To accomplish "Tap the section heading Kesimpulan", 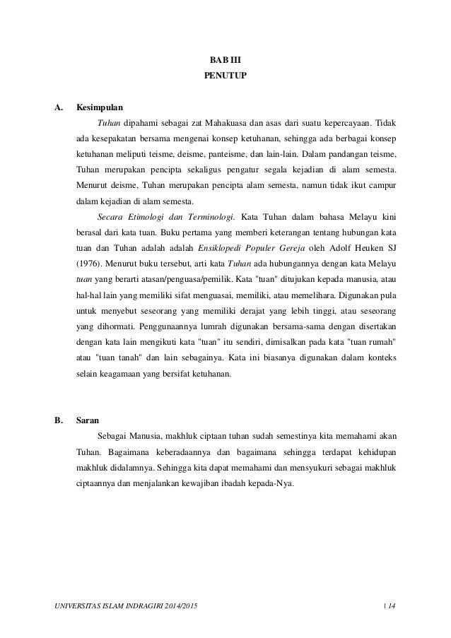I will (x=99, y=108).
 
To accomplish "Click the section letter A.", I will (x=59, y=108).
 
